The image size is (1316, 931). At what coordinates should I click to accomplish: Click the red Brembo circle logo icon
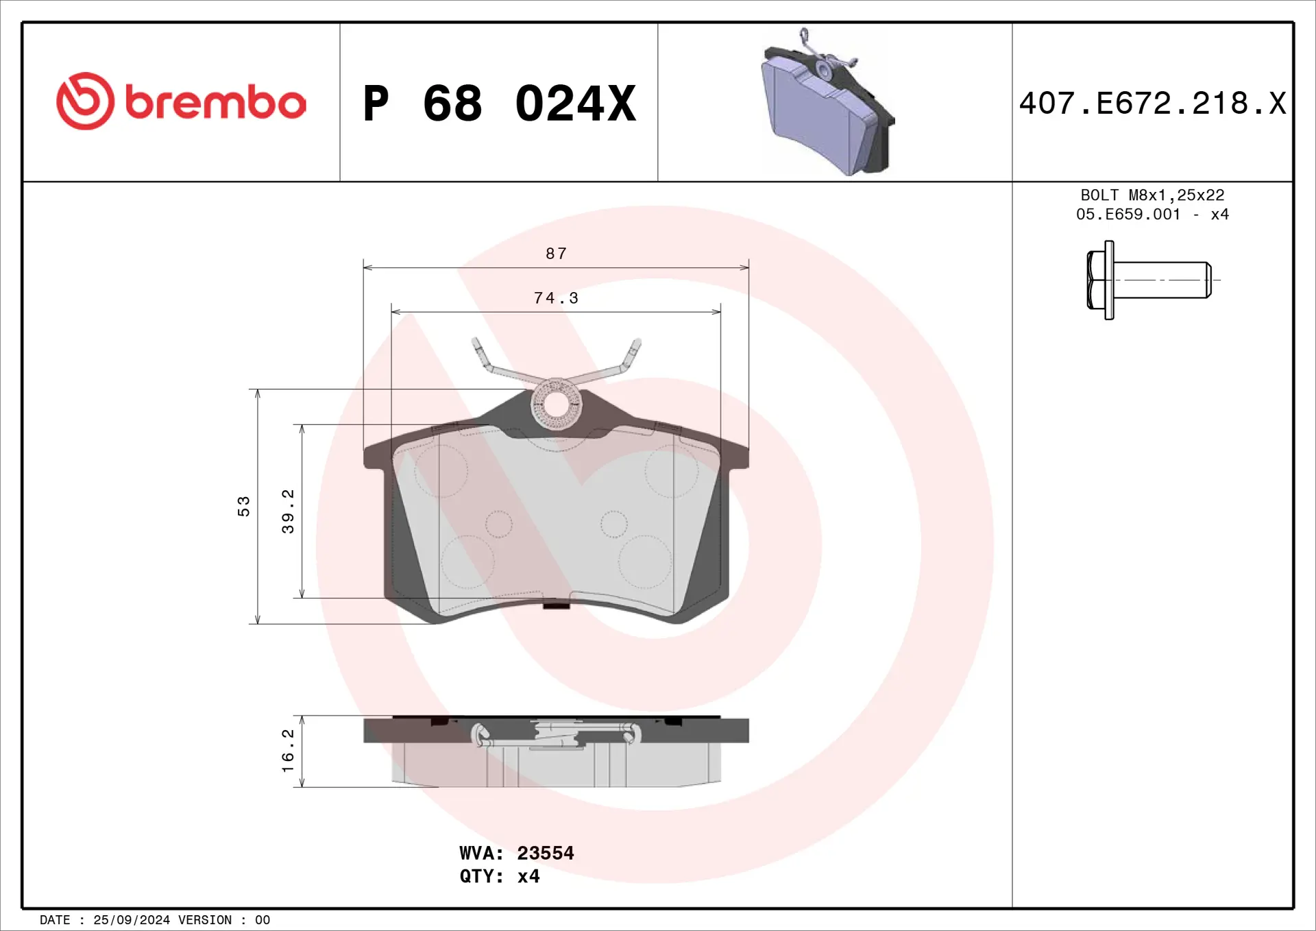85,101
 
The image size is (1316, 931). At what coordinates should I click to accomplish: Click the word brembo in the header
215,103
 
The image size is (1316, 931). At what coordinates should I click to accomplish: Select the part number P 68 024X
499,104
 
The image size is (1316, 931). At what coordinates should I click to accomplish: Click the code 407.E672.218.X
1152,104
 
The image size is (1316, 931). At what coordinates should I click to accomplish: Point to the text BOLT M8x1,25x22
1152,195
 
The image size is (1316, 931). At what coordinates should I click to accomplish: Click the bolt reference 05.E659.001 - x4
1152,215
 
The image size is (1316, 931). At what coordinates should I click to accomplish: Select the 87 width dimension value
556,254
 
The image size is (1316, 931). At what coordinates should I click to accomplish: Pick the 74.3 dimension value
556,298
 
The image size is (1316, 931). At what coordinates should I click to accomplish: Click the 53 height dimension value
243,506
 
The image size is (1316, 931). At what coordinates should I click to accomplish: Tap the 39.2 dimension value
288,511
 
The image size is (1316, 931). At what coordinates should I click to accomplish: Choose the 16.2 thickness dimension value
288,751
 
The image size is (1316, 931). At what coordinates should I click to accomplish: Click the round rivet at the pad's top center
556,404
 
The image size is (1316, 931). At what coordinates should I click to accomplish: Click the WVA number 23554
545,853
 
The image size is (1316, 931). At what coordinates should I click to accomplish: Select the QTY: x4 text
499,876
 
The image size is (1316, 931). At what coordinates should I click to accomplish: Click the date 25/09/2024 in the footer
131,920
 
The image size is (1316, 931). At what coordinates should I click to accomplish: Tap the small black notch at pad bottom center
556,605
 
